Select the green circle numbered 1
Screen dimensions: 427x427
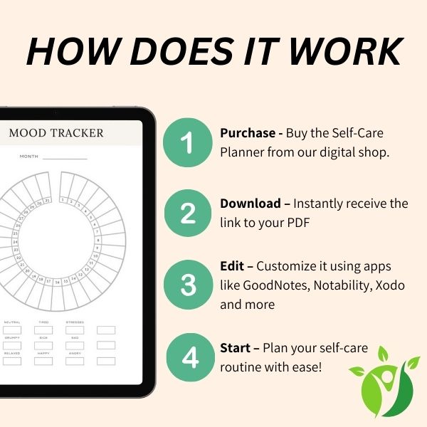tap(187, 143)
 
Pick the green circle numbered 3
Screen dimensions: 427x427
tap(187, 285)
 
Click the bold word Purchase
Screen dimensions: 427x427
tap(246, 133)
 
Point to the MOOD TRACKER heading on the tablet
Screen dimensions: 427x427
tap(56, 133)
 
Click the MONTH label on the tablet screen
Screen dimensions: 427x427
tap(29, 157)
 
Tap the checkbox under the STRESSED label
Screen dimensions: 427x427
tap(75, 330)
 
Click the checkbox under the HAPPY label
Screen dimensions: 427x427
tap(43, 361)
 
